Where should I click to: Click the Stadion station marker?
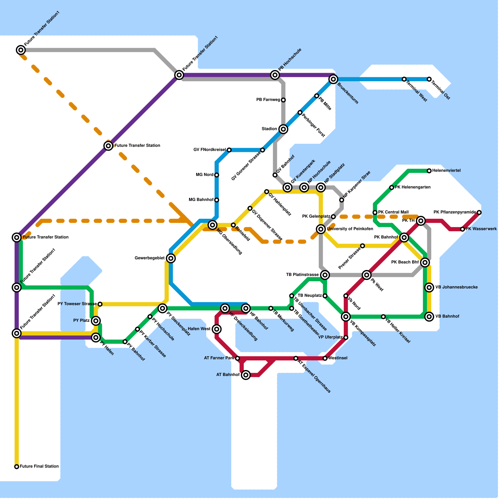(283, 129)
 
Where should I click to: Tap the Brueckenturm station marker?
(333, 79)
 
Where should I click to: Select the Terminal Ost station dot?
(429, 79)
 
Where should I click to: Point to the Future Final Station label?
(39, 467)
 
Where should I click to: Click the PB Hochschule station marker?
(275, 75)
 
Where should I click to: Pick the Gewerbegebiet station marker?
(171, 258)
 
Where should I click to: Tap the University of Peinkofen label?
(350, 229)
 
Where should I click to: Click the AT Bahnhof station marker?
(246, 375)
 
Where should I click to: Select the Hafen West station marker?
(217, 329)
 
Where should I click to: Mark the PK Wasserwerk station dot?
(462, 229)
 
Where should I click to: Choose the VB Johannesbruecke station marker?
(429, 287)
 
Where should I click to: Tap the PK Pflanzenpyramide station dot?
(479, 212)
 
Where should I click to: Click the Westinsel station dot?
(325, 358)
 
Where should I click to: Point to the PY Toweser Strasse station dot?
(100, 304)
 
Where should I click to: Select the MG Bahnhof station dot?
(217, 200)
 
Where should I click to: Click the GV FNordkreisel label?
(209, 150)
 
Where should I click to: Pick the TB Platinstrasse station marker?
(325, 275)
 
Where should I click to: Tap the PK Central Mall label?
(393, 212)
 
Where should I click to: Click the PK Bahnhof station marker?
(404, 237)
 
